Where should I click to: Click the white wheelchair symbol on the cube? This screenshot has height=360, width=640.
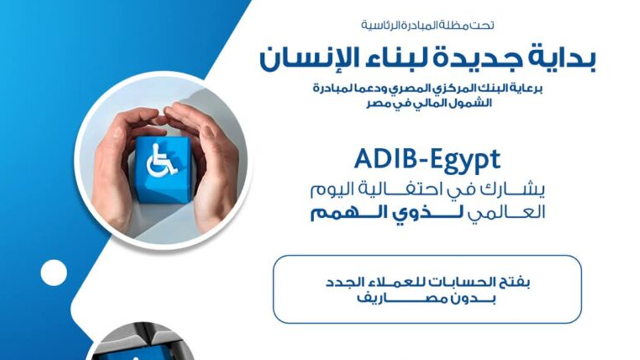161,160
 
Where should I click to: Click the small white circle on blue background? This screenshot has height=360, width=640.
54,272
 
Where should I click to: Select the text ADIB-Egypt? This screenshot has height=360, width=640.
427,160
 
